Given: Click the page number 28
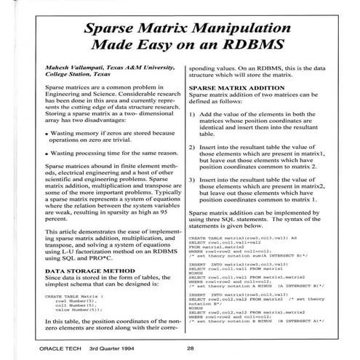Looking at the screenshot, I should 188,346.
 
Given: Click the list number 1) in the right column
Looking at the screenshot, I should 192,135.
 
